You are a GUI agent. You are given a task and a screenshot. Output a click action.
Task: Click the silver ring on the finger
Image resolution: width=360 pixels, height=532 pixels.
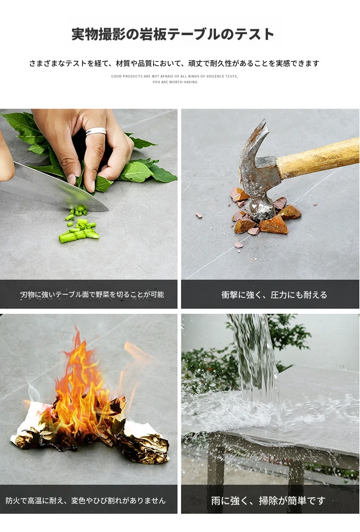click(96, 132)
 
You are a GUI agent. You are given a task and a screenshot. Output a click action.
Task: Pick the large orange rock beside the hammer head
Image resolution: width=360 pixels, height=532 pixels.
click(273, 225)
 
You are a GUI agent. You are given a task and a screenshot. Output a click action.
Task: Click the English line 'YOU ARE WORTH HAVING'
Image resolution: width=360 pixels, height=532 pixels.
click(175, 82)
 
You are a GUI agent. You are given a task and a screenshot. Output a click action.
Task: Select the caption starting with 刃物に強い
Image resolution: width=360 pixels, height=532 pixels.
click(92, 295)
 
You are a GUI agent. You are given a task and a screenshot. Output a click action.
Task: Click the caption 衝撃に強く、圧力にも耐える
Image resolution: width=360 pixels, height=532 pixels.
click(274, 295)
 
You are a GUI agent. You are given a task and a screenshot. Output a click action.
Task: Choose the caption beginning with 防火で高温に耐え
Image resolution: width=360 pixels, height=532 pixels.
click(86, 501)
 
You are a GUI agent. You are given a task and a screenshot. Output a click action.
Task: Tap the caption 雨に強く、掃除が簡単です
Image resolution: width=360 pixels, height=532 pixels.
click(268, 501)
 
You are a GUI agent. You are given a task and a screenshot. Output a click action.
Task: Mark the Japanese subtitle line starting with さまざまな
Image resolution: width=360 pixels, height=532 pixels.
click(174, 63)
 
